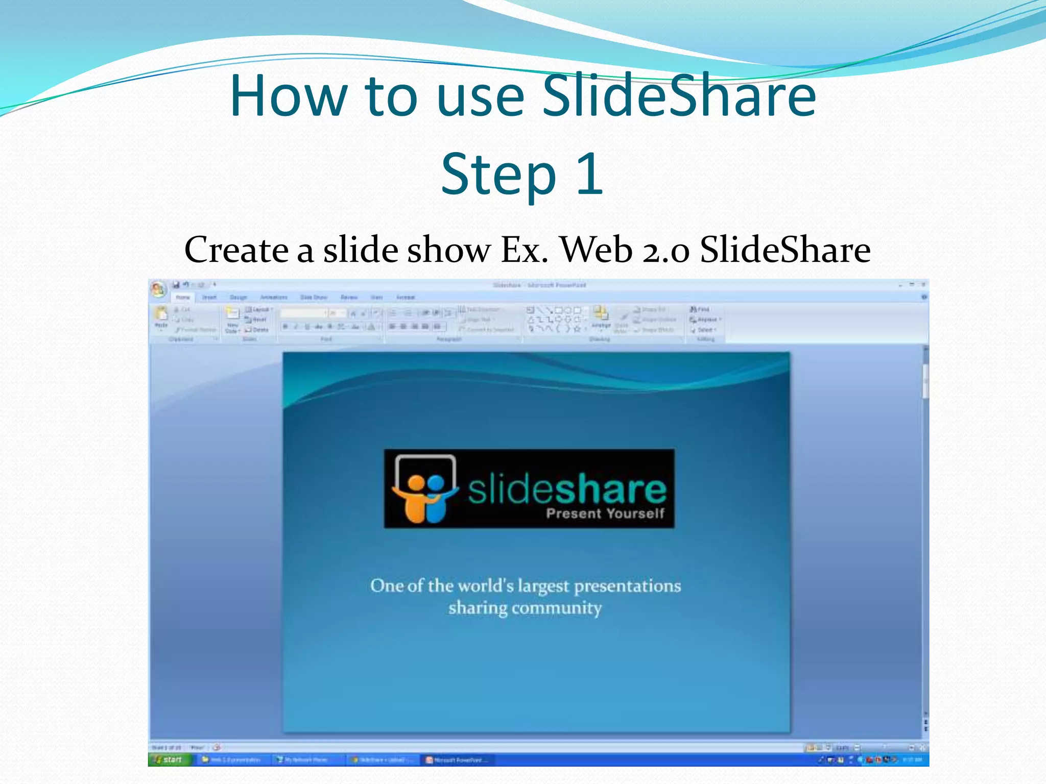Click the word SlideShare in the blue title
point(679,95)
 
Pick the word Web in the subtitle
point(596,250)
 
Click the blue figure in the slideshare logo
point(436,498)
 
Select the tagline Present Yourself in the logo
point(605,513)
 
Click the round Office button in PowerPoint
point(158,289)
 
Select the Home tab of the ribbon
point(182,297)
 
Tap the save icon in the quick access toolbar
point(176,285)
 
